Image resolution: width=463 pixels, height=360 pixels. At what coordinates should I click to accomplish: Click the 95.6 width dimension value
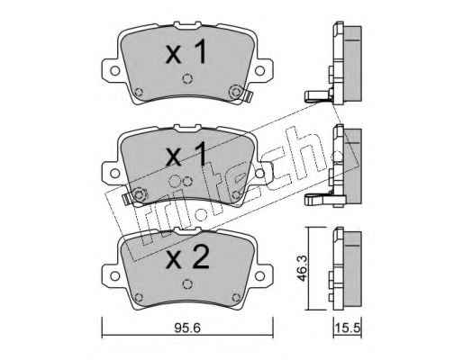point(187,328)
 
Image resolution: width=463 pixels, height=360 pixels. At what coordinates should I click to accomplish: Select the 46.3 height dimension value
point(301,268)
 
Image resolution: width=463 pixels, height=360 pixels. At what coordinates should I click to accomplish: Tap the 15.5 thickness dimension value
point(348,328)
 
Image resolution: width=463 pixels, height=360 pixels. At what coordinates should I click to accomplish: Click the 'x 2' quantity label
point(187,257)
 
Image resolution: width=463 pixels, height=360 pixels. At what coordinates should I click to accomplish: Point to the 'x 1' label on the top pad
point(186,53)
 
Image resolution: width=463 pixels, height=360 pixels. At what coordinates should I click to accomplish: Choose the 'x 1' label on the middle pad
point(186,155)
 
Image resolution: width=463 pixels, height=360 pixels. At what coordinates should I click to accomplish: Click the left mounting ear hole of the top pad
point(114,71)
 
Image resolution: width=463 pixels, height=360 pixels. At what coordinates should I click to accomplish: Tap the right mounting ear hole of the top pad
point(259,71)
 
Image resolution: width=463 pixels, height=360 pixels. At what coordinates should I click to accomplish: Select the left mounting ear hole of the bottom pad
point(114,275)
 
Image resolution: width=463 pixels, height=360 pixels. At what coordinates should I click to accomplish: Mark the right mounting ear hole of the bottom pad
point(259,275)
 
